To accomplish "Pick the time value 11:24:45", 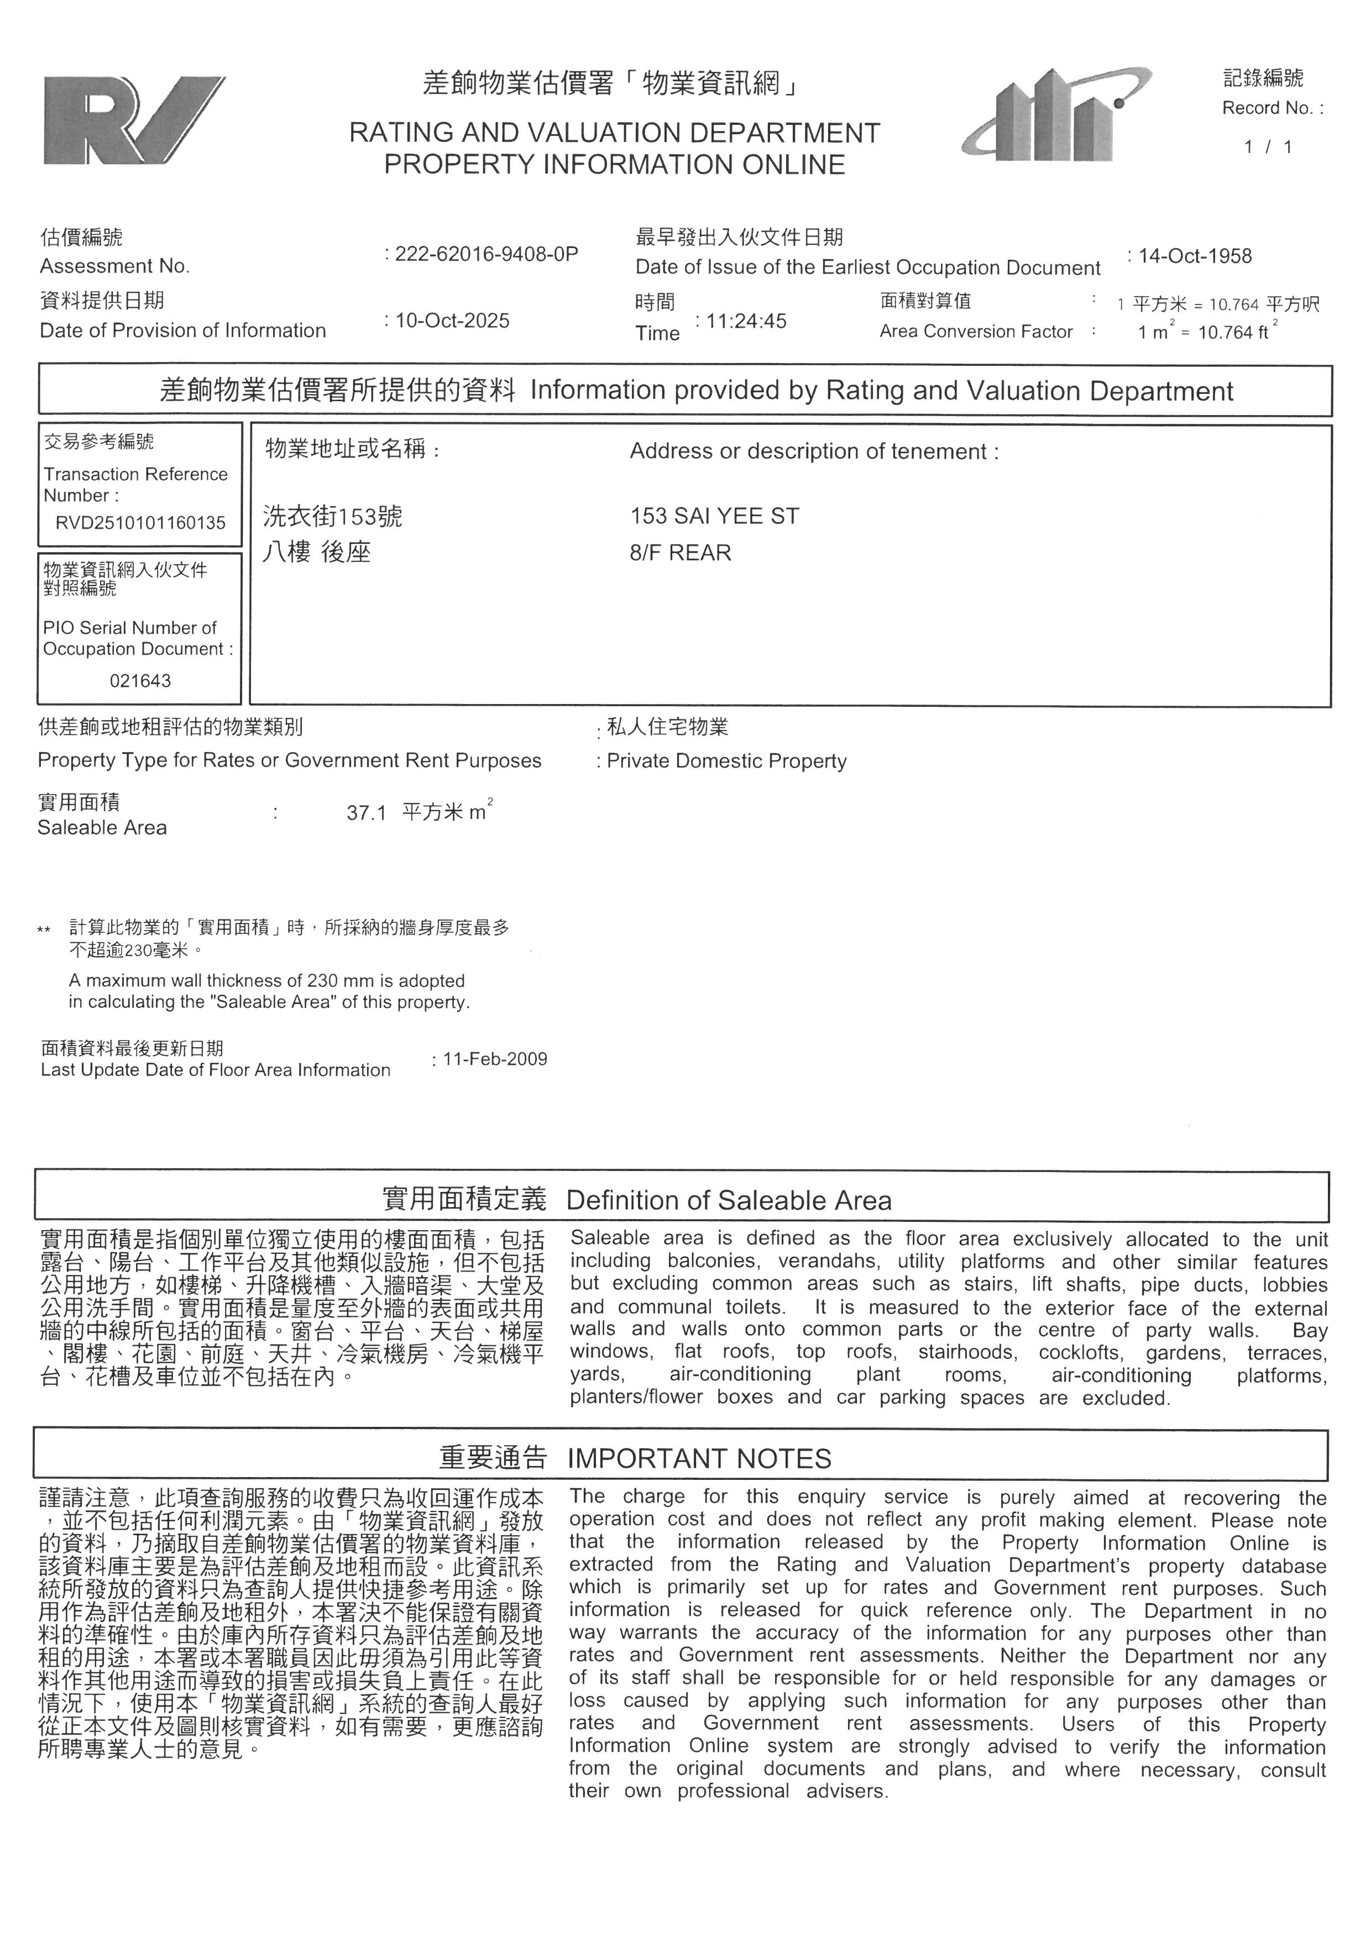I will pyautogui.click(x=746, y=322).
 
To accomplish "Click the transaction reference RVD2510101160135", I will pyautogui.click(x=140, y=523).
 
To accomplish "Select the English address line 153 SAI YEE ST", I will pyautogui.click(x=714, y=517).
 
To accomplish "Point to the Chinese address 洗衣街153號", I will pyautogui.click(x=333, y=517).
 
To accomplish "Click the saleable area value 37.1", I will pyautogui.click(x=367, y=813).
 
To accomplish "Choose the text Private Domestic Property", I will pyautogui.click(x=726, y=761).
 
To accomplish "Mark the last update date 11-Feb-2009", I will pyautogui.click(x=495, y=1059).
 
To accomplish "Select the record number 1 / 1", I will pyautogui.click(x=1268, y=147).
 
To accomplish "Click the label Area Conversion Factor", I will pyautogui.click(x=976, y=332).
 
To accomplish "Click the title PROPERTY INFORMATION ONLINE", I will pyautogui.click(x=615, y=165).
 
